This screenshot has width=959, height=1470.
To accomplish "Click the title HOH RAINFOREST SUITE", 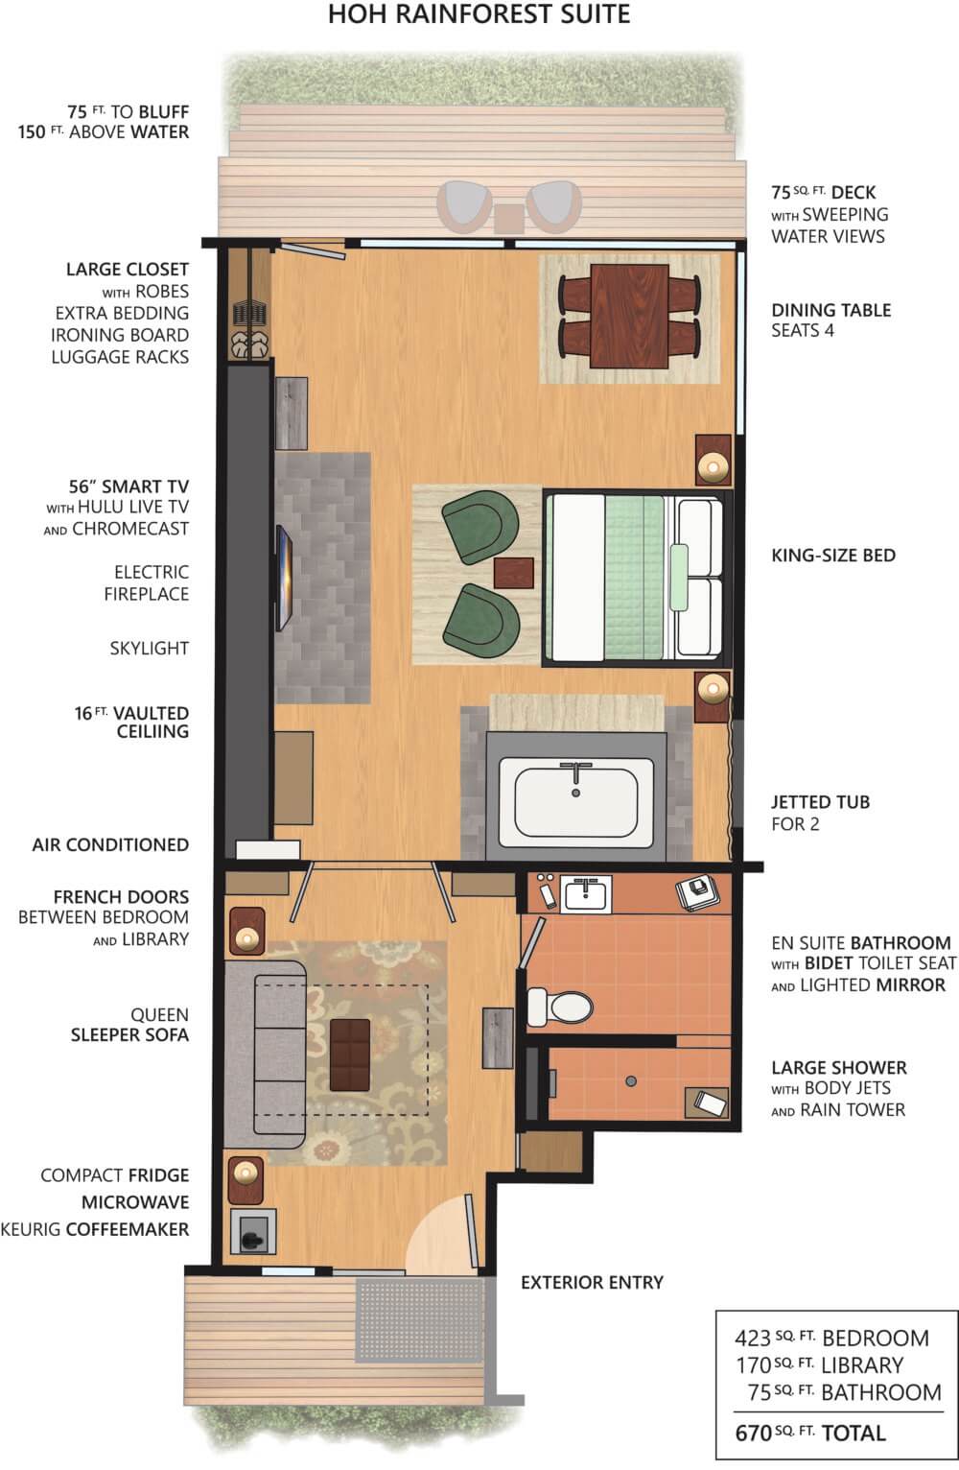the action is point(479,14).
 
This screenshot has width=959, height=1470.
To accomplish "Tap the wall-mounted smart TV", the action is point(283,579).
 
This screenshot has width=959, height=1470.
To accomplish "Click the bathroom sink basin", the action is point(585,894).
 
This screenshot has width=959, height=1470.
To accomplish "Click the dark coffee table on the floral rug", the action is point(350,1055).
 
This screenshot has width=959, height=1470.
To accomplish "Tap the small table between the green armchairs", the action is point(514,573).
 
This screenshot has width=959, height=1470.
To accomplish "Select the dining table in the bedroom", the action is point(629,317).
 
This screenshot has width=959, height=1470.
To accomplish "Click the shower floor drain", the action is point(631,1080).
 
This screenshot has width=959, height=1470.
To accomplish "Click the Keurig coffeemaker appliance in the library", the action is point(252,1231).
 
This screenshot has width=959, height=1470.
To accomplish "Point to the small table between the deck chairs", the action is point(509,219).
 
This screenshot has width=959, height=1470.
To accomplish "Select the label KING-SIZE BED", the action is point(833,556).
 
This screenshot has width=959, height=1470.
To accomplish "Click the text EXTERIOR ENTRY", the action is point(592,1282).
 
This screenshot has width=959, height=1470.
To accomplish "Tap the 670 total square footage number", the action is point(753,1433).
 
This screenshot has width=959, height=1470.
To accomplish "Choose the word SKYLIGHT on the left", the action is point(149,649).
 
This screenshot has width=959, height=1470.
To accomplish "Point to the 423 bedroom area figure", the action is point(753,1338).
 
